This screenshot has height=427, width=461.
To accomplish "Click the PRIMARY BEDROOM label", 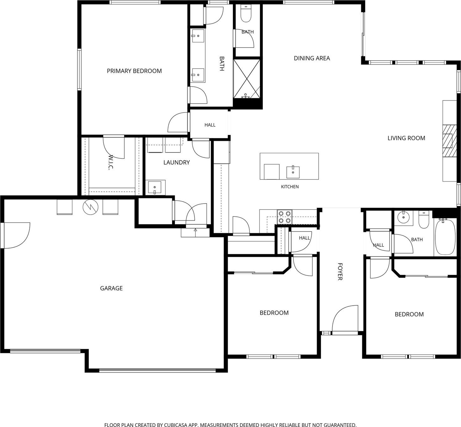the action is click(134, 71).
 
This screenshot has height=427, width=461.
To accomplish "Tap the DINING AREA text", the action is click(312, 58).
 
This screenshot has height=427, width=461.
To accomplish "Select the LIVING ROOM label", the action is click(406, 138).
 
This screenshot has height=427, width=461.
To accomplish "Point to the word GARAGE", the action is click(111, 288).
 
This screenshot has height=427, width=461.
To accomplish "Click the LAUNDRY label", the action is click(176, 162).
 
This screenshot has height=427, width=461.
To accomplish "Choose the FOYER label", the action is click(340, 272).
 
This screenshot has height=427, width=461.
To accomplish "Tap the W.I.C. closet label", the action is click(111, 162).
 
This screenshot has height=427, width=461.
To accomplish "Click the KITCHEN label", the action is click(290, 187).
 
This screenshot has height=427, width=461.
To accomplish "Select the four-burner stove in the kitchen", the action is click(285, 217).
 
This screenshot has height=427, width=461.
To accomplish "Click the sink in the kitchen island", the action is click(293, 172).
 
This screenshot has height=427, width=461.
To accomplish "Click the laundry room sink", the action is click(155, 188).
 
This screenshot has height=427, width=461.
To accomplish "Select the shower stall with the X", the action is click(247, 79).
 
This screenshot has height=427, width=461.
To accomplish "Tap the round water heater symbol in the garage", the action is click(90, 207).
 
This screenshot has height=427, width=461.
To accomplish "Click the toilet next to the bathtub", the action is click(424, 220).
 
